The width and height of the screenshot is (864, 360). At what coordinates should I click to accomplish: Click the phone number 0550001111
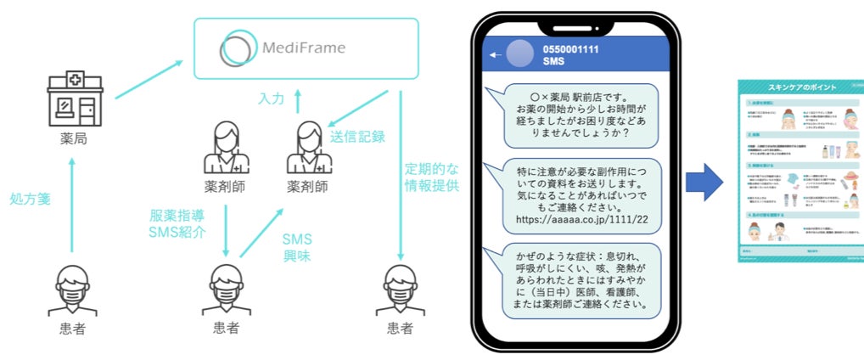[x=571, y=50]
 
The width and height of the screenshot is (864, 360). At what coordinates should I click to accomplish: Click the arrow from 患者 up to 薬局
[x=73, y=204]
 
